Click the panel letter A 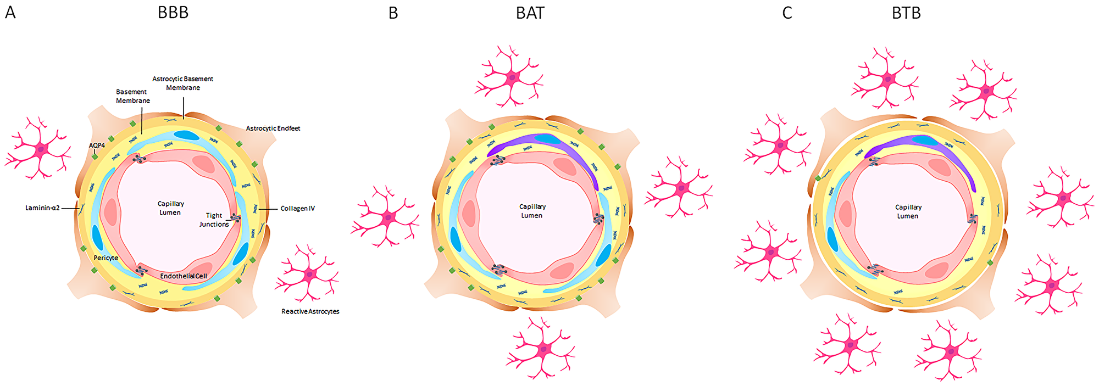click(10, 12)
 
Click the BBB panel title click(173, 12)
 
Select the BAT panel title click(530, 13)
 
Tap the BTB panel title click(906, 13)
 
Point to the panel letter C click(787, 13)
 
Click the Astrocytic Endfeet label click(273, 128)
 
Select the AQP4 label click(97, 146)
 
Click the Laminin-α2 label click(42, 208)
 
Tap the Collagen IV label click(297, 209)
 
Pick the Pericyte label click(106, 258)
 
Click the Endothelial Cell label click(184, 276)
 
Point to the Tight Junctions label click(214, 220)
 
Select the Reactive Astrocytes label click(310, 312)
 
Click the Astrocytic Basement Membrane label click(183, 83)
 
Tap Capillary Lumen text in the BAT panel click(532, 211)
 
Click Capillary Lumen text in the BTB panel click(908, 212)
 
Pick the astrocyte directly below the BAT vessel click(542, 348)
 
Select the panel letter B click(393, 13)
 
